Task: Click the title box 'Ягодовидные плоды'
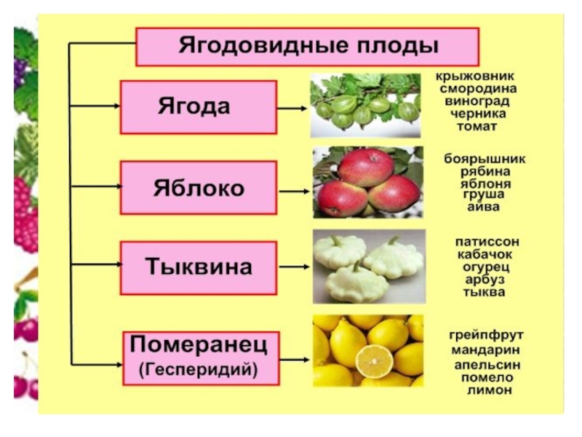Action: (x=308, y=47)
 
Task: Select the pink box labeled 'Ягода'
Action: (x=198, y=107)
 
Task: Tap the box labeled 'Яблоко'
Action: (x=198, y=188)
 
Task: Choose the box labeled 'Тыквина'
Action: (x=198, y=267)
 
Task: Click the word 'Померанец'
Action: (x=199, y=342)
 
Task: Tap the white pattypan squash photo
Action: (x=368, y=266)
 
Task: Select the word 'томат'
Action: (x=477, y=126)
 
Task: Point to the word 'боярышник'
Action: (x=485, y=159)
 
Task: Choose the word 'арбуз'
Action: (x=484, y=280)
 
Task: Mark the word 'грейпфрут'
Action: (x=485, y=335)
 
